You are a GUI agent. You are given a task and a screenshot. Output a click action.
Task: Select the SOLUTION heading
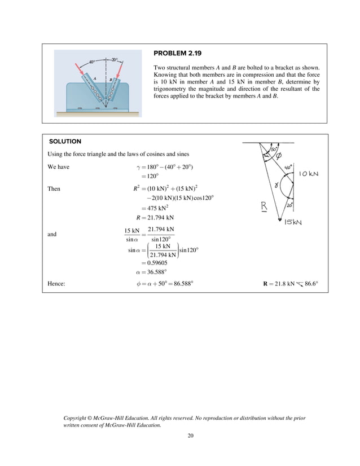point(65,141)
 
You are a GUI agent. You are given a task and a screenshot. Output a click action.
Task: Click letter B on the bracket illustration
point(110,79)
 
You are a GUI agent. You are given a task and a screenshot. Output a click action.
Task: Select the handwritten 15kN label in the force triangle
point(293,222)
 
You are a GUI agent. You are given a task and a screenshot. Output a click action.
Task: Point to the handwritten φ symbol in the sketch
point(279,157)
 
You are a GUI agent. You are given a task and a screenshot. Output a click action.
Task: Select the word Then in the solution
point(55,188)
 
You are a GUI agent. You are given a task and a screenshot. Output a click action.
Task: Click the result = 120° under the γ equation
point(149,176)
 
